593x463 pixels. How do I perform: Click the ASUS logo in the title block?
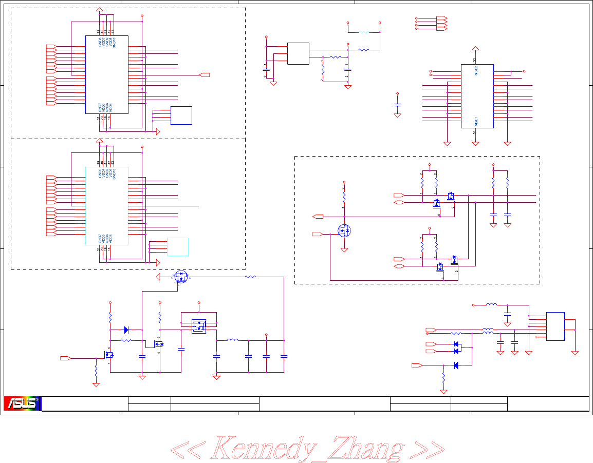(x=22, y=403)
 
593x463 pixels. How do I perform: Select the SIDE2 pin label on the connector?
(x=476, y=71)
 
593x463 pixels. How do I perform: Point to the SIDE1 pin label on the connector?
(x=476, y=121)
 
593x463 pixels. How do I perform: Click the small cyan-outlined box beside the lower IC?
(x=178, y=247)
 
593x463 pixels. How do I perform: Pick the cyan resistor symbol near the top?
(x=364, y=32)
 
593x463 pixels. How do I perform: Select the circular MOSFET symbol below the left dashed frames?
(x=180, y=276)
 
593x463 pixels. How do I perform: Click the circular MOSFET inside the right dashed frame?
(x=344, y=230)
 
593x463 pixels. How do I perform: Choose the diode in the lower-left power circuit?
(x=127, y=330)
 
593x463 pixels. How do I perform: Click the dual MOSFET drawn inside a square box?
(x=199, y=326)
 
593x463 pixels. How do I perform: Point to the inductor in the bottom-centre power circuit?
(x=232, y=340)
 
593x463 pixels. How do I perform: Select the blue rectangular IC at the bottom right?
(x=555, y=326)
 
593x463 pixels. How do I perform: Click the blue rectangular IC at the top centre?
(x=298, y=53)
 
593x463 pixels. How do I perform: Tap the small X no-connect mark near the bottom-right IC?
(x=536, y=337)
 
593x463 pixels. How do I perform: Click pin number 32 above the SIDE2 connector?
(x=475, y=60)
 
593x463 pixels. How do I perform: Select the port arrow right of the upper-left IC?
(x=205, y=75)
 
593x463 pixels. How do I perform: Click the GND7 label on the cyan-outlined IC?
(x=100, y=239)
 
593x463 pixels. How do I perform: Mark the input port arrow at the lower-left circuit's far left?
(x=65, y=358)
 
